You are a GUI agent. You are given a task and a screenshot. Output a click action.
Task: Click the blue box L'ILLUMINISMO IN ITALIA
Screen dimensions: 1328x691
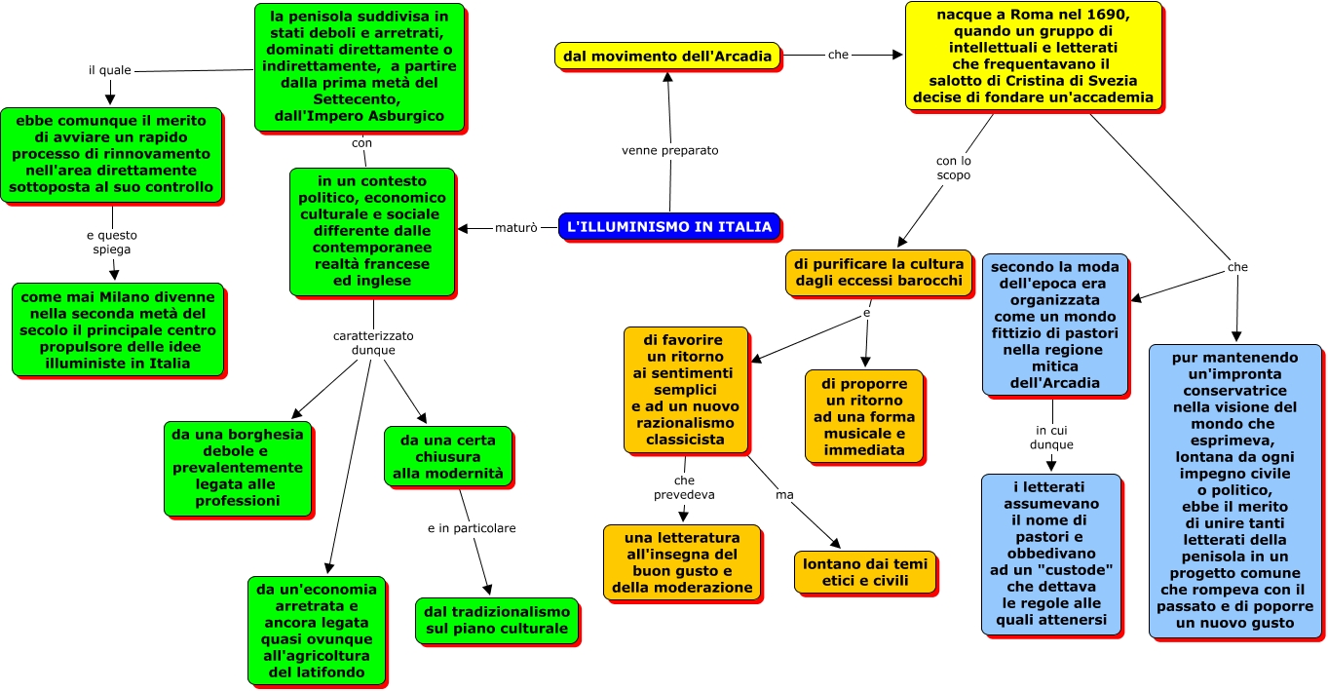coord(668,226)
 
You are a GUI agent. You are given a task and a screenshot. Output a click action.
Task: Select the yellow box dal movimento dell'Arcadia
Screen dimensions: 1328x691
coord(667,56)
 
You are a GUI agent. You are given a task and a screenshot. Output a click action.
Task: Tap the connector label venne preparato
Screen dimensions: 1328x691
coord(670,151)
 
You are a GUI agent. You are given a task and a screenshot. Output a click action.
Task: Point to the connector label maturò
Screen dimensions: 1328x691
coord(515,228)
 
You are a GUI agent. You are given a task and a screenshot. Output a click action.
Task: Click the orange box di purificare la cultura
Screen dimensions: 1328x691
coord(879,272)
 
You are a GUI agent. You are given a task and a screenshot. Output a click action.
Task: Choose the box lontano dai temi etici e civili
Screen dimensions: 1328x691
coord(865,572)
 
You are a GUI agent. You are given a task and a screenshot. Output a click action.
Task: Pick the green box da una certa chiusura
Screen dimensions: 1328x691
coord(447,457)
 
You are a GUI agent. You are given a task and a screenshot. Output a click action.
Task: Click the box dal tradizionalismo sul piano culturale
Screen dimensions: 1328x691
coord(497,620)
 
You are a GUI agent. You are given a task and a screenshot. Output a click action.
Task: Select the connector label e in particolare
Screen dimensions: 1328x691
coord(472,528)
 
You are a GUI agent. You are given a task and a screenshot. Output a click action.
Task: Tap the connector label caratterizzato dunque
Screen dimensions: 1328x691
coord(373,343)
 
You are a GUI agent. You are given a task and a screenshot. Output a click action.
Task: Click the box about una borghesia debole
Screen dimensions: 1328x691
coord(237,468)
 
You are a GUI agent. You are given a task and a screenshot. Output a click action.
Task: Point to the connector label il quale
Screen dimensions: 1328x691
coord(110,70)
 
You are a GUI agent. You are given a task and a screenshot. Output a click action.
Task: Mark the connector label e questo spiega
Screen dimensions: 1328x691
coord(111,242)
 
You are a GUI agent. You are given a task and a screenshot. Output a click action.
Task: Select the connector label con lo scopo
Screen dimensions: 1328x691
coord(953,168)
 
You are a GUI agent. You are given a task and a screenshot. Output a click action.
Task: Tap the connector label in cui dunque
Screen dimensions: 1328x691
coord(1051,438)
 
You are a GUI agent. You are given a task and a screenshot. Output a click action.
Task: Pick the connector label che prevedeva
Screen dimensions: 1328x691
coord(684,487)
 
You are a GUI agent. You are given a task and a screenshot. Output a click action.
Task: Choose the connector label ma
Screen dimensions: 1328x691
coord(783,495)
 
